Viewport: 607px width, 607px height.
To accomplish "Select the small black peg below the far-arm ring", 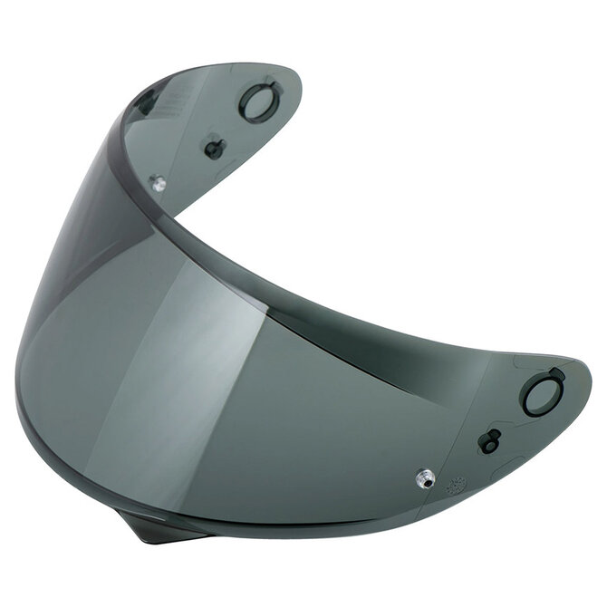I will point(214,148).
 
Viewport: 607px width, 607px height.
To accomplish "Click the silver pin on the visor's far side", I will point(159,184).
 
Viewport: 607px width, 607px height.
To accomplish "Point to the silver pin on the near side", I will point(424,477).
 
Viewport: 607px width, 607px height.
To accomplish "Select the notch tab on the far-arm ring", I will point(268,84).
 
